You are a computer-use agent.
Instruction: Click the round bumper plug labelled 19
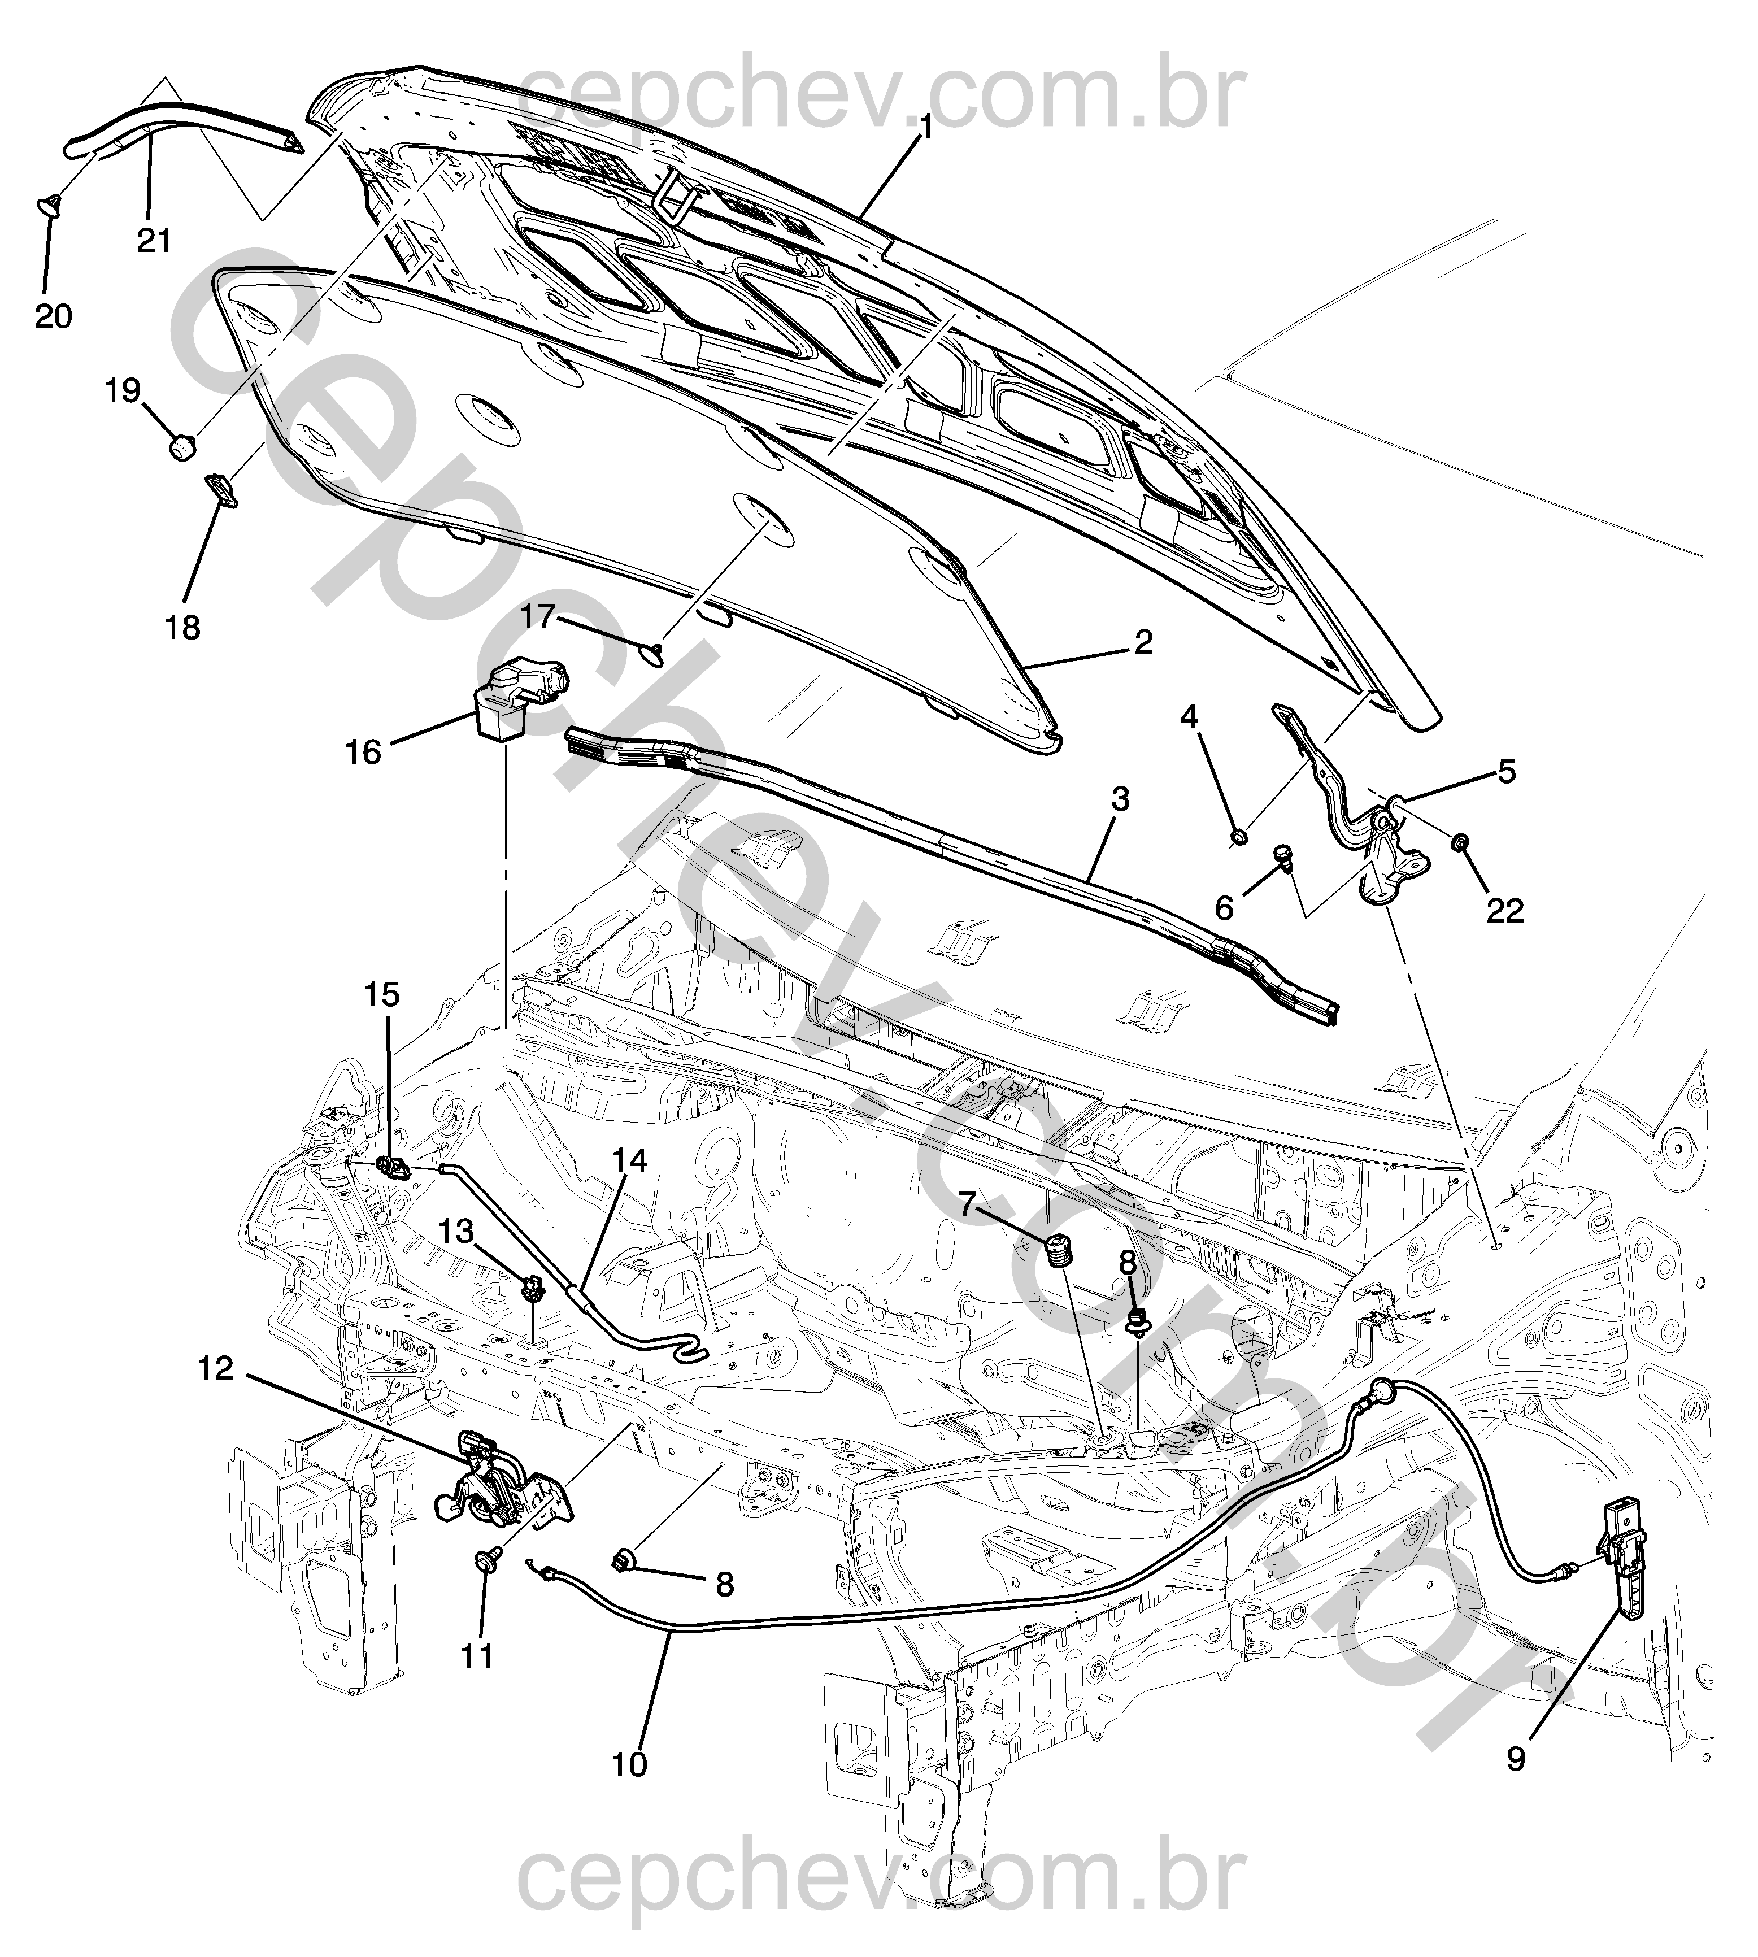click(x=181, y=447)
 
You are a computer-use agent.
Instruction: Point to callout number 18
click(x=182, y=627)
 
